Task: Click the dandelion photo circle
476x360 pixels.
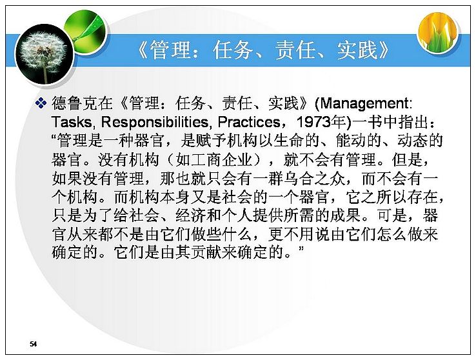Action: click(x=45, y=54)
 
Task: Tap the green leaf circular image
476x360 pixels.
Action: click(x=86, y=32)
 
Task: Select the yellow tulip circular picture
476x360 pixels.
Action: click(x=437, y=32)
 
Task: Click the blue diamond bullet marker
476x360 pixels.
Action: click(x=41, y=103)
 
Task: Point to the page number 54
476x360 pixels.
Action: click(x=34, y=344)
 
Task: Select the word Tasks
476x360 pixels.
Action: click(x=72, y=122)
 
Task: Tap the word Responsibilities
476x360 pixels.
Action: click(x=154, y=123)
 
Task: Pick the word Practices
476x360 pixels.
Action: click(x=249, y=122)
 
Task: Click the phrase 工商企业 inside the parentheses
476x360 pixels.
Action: click(x=214, y=159)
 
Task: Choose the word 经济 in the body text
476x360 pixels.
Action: click(x=191, y=215)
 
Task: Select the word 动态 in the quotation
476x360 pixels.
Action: click(x=412, y=141)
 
